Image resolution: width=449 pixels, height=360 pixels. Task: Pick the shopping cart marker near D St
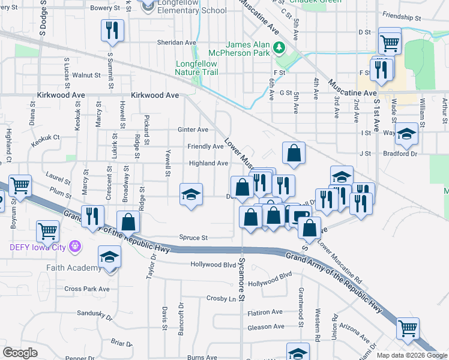point(390,42)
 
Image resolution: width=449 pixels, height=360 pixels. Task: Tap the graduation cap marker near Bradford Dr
point(406,134)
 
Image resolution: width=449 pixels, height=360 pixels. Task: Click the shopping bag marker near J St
point(294,154)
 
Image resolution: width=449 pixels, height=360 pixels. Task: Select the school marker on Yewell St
point(191,195)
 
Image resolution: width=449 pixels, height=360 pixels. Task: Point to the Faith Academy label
point(72,268)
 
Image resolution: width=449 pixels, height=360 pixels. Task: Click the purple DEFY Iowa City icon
point(75,245)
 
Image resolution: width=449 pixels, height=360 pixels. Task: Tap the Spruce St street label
point(193,238)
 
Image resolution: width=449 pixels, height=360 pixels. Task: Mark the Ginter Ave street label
point(193,130)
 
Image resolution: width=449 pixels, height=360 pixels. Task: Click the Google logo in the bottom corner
point(20,353)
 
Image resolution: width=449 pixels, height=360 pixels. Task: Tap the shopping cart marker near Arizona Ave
point(408,328)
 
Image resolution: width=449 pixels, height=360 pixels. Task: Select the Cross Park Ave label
point(87,289)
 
